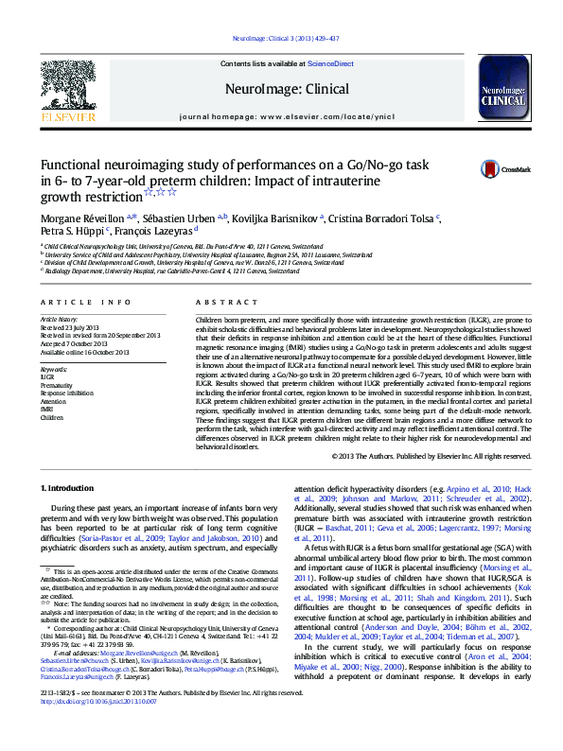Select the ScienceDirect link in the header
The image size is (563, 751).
pyautogui.click(x=330, y=63)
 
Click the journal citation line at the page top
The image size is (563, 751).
pyautogui.click(x=280, y=39)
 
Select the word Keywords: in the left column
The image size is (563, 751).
pyautogui.click(x=55, y=368)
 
